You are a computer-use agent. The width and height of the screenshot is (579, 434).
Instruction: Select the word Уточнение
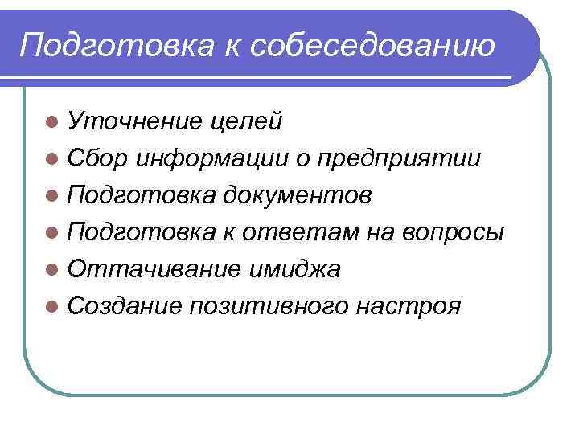point(134,121)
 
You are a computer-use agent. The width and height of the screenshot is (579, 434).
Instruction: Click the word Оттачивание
point(151,269)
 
